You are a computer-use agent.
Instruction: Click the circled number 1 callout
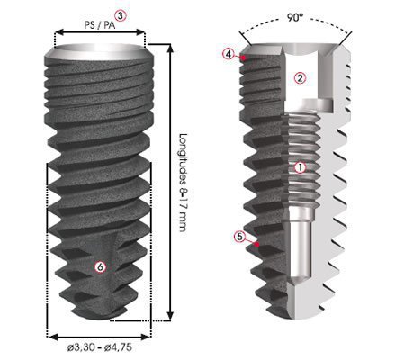pos(301,166)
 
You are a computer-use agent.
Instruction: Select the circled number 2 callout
pos(300,78)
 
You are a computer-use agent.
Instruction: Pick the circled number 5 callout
pos(239,237)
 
